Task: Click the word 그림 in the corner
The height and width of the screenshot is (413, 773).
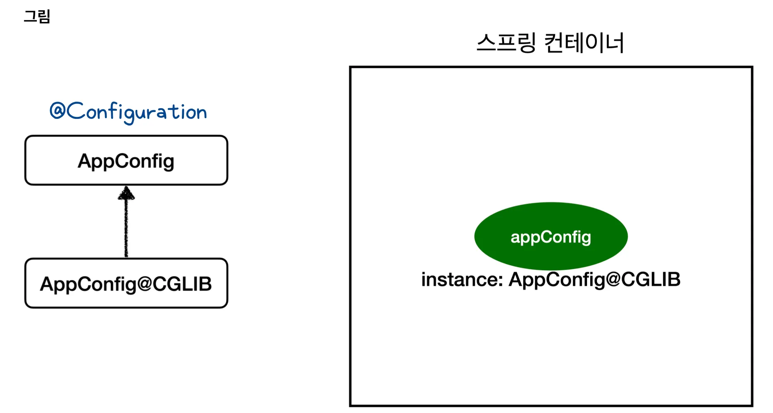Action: pos(37,17)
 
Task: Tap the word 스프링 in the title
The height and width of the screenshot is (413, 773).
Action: pos(506,43)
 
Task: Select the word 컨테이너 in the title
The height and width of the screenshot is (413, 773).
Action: pos(584,43)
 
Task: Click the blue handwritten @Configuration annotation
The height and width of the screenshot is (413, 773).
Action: pos(128,112)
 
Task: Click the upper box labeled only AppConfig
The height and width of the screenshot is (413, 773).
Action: pos(126,160)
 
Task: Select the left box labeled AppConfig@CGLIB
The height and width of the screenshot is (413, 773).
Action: pos(126,283)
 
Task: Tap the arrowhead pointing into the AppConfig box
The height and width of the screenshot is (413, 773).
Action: pos(126,193)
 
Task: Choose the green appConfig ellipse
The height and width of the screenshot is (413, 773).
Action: pos(551,236)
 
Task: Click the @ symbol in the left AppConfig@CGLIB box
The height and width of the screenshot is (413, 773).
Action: pos(144,284)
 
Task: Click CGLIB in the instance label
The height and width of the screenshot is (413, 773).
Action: pos(651,280)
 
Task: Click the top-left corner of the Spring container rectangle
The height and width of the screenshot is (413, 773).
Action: pos(351,67)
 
